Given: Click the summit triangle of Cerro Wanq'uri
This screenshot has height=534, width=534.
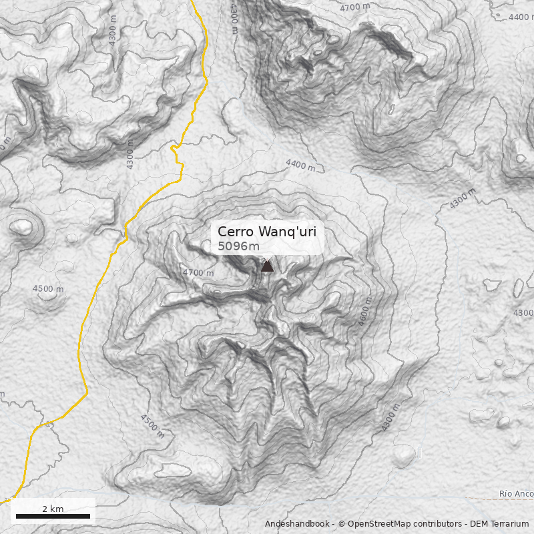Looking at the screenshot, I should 267,266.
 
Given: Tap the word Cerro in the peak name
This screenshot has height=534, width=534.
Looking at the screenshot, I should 236,232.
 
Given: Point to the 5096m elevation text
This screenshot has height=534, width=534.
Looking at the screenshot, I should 238,246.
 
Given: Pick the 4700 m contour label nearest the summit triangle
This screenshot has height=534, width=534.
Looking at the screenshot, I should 198,272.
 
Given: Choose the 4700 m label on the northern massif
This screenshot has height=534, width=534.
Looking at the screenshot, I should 354,7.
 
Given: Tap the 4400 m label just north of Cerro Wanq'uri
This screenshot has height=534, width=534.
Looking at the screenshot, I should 300,164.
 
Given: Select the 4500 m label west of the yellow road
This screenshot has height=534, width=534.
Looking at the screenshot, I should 48,288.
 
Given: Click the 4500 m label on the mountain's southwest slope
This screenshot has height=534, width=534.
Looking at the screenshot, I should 152,425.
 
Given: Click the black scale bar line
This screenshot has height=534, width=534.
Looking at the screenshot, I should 53,516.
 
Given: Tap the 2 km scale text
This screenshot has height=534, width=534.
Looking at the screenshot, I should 53,509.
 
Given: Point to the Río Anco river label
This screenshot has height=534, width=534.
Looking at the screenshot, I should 516,495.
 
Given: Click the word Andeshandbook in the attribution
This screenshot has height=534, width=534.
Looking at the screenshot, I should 298,524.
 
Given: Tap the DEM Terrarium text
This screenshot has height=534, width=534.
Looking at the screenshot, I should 500,524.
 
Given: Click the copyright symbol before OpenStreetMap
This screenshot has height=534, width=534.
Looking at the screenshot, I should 341,524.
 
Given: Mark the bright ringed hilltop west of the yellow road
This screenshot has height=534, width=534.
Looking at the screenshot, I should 21,228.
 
